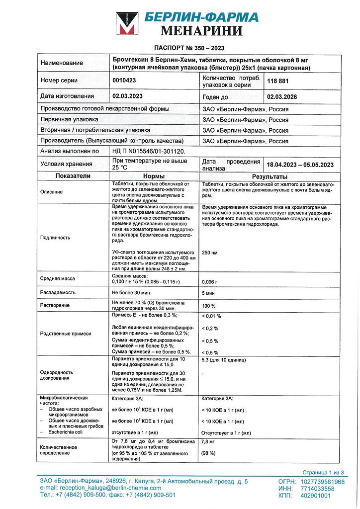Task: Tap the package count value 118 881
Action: pos(278,81)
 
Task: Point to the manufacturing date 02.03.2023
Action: pos(128,96)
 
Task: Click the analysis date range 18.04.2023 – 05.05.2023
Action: pos(300,165)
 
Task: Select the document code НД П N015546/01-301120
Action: pos(148,151)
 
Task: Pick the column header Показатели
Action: pos(73,176)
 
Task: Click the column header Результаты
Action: pos(270,176)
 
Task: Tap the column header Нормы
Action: pos(154,176)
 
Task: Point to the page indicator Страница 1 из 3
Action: pos(323,472)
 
